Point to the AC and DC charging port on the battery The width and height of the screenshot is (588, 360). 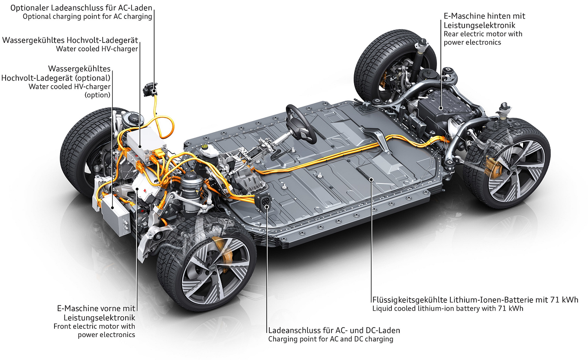click(x=265, y=202)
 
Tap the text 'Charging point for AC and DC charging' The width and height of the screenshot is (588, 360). click(x=331, y=339)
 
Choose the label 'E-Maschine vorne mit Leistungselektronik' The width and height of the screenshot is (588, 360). click(x=96, y=313)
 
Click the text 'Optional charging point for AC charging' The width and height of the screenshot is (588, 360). click(x=87, y=16)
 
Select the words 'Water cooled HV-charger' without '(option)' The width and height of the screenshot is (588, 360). click(x=97, y=49)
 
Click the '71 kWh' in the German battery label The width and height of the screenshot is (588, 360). click(x=564, y=299)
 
